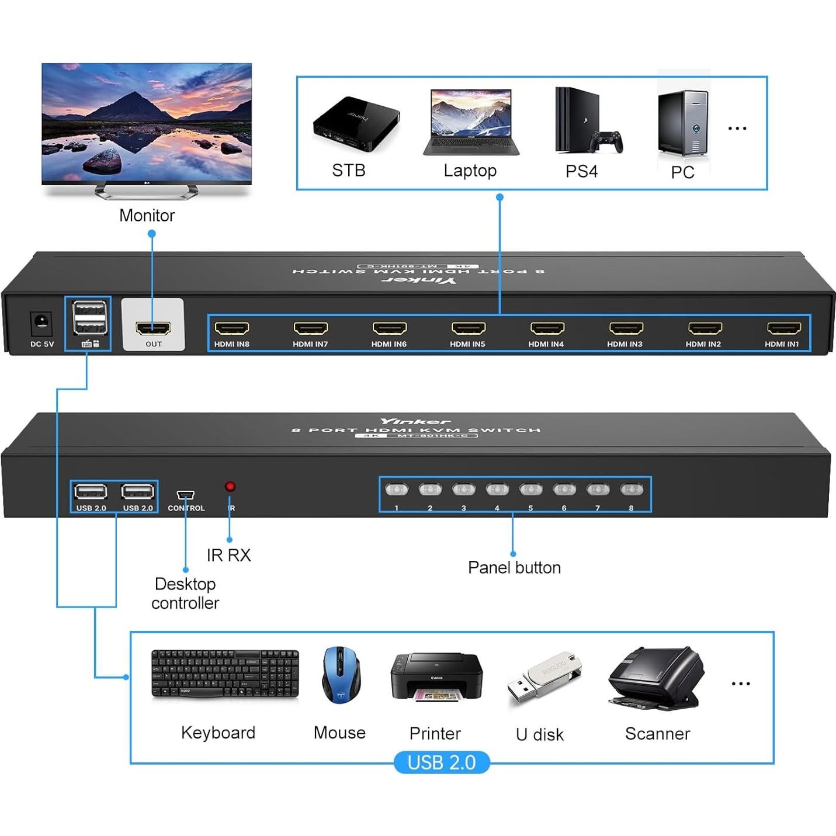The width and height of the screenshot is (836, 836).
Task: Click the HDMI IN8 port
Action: tap(232, 328)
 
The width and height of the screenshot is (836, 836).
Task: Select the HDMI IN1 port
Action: tap(783, 328)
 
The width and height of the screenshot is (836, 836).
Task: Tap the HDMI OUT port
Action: tap(153, 328)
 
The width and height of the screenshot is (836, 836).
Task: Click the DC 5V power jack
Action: tap(41, 322)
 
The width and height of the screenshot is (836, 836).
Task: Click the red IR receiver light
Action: tap(230, 486)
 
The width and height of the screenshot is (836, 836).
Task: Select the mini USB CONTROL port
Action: tap(185, 495)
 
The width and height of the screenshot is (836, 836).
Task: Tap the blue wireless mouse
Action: tap(341, 674)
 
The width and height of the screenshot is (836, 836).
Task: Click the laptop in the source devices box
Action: tap(471, 122)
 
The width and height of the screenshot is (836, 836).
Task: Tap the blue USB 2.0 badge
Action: tap(441, 762)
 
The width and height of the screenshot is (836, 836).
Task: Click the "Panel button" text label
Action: tap(514, 567)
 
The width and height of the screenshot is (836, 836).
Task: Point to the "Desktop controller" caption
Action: tap(185, 593)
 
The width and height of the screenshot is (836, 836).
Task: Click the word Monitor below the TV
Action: tap(147, 216)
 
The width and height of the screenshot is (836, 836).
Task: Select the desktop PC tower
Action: tap(682, 123)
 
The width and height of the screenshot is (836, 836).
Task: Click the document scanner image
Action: tap(655, 678)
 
